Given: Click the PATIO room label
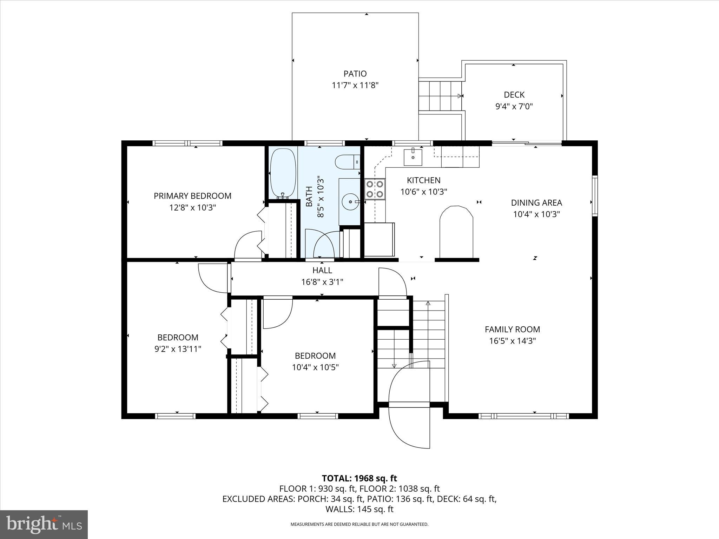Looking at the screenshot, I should coord(355,74).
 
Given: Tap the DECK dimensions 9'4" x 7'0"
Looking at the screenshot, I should coord(514,106).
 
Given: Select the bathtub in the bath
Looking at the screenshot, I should coord(283,173).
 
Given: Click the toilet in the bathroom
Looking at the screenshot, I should coord(347,163).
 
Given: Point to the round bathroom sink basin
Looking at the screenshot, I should coord(350,202).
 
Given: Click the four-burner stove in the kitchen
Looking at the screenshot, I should coord(375,189).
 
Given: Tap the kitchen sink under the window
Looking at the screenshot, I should coord(413,157).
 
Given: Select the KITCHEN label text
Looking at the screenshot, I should coord(423,180).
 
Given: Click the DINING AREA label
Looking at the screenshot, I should coord(536,203).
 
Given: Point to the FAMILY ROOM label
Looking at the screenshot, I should coord(512,329).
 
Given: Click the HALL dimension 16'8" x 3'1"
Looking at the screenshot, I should coord(322,282).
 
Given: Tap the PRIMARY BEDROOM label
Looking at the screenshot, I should coord(192,196).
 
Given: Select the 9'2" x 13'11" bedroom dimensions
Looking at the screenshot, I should coord(178,349).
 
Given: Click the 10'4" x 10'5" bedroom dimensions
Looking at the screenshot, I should coord(315,367).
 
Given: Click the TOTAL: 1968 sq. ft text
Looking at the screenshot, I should coord(359,478).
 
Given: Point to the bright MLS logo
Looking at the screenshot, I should coord(44,524).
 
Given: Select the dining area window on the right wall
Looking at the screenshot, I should coord(595,195).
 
